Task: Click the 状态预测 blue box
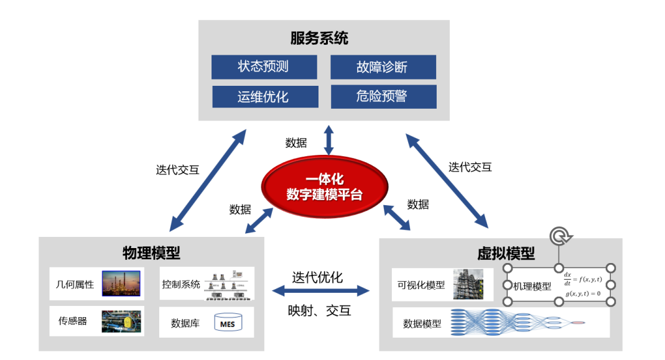tap(264, 67)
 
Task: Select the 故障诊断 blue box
tap(383, 67)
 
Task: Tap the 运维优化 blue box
tap(264, 97)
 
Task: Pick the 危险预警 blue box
tap(383, 96)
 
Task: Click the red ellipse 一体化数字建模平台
tap(324, 187)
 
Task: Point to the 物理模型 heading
tap(151, 253)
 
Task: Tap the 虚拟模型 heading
tap(505, 254)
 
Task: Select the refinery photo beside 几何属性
tap(121, 284)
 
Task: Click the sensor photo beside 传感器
tap(121, 321)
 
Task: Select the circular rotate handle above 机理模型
tap(559, 237)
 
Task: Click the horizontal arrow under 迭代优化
tap(321, 291)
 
